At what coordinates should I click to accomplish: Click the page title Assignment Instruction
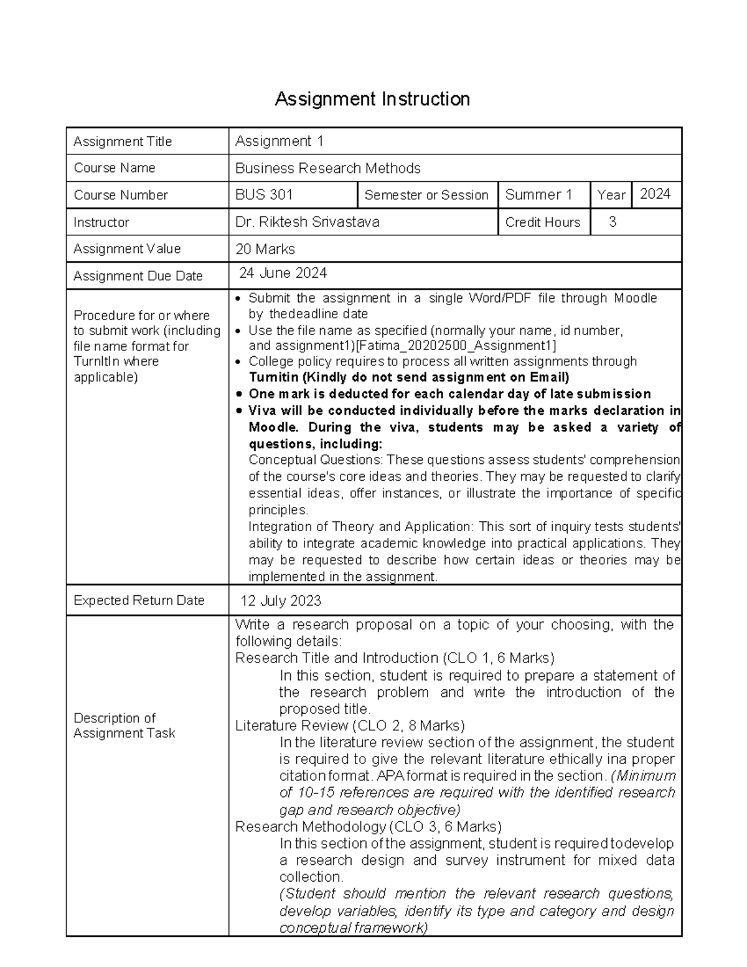[372, 99]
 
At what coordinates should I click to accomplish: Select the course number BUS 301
[264, 195]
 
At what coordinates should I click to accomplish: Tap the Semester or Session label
[426, 195]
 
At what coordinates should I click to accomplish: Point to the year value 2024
[655, 194]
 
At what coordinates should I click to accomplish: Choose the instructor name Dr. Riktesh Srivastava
[308, 222]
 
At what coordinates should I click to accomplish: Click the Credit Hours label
[543, 222]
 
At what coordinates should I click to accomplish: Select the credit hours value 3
[613, 222]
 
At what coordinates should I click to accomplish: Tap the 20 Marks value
[265, 249]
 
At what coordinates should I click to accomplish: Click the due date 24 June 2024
[283, 273]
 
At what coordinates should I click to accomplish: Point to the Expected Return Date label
[139, 600]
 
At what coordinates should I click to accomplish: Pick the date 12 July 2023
[281, 601]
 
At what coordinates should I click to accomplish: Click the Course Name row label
[115, 168]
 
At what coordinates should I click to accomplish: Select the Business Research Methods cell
[328, 168]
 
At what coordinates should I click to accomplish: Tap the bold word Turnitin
[274, 377]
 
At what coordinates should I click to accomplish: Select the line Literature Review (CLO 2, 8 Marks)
[350, 725]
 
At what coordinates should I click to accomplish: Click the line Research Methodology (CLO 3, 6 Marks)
[368, 827]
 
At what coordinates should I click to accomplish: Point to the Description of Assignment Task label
[125, 725]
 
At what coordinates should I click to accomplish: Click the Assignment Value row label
[127, 249]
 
